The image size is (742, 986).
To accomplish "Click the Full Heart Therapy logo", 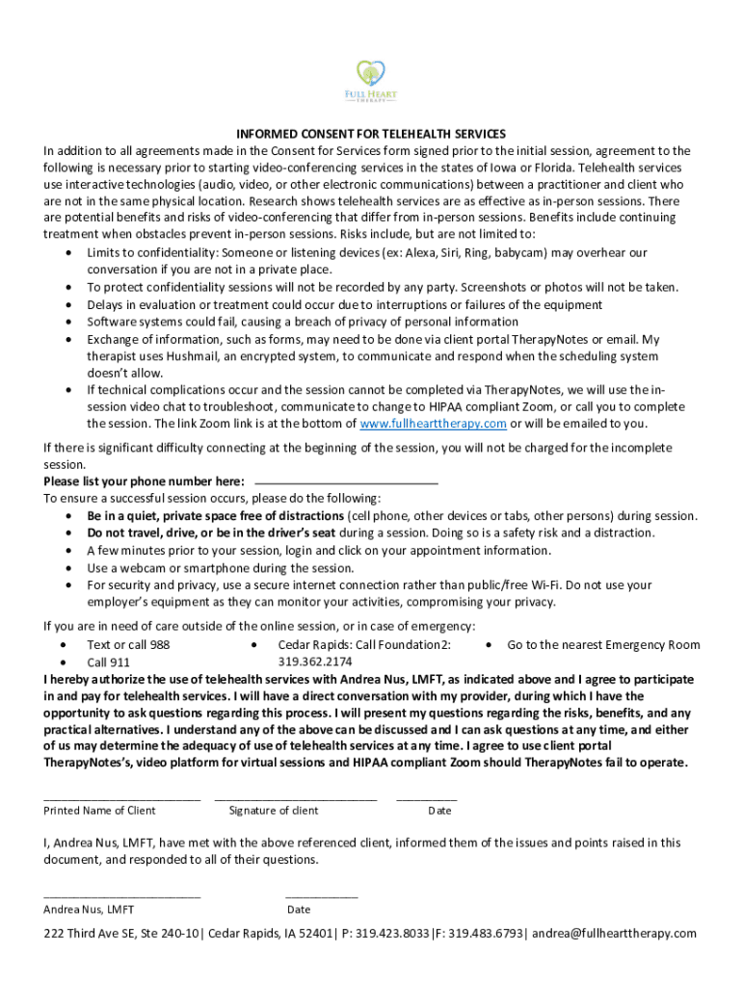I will point(371,81).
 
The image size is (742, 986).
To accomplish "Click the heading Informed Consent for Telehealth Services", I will point(371,134).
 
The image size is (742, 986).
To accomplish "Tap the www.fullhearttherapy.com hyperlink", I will point(433,425).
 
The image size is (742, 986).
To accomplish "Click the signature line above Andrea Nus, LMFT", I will point(121,896).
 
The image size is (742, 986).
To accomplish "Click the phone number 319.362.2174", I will point(315,662).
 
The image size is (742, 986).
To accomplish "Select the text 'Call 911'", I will point(109,662).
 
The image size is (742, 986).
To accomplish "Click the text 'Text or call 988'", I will point(128,645).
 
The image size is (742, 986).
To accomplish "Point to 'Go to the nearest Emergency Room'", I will point(603,645).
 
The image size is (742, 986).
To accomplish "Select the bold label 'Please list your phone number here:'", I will point(144,481).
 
